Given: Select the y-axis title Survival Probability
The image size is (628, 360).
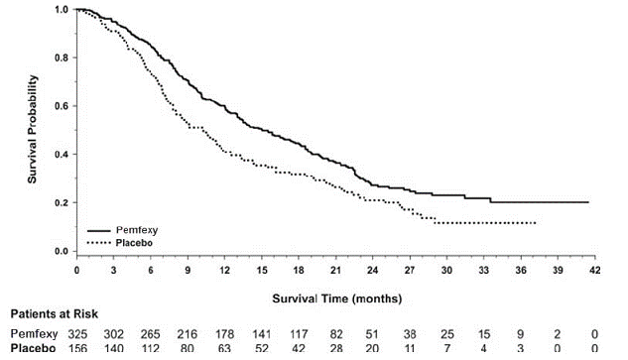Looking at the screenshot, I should coord(33,130).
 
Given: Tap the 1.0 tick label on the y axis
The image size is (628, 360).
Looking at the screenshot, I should coord(61,10).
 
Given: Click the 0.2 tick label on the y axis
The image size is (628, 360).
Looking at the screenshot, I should coord(61,202).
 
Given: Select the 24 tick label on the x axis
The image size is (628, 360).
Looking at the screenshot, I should coord(372,270).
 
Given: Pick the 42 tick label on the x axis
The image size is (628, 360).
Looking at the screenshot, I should coord(593,270).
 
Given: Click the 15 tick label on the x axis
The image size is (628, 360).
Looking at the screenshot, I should coord(261,270).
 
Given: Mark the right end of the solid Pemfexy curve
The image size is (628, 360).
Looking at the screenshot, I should coord(589,201).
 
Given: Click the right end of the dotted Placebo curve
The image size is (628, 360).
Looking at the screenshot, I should coord(537,223).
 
